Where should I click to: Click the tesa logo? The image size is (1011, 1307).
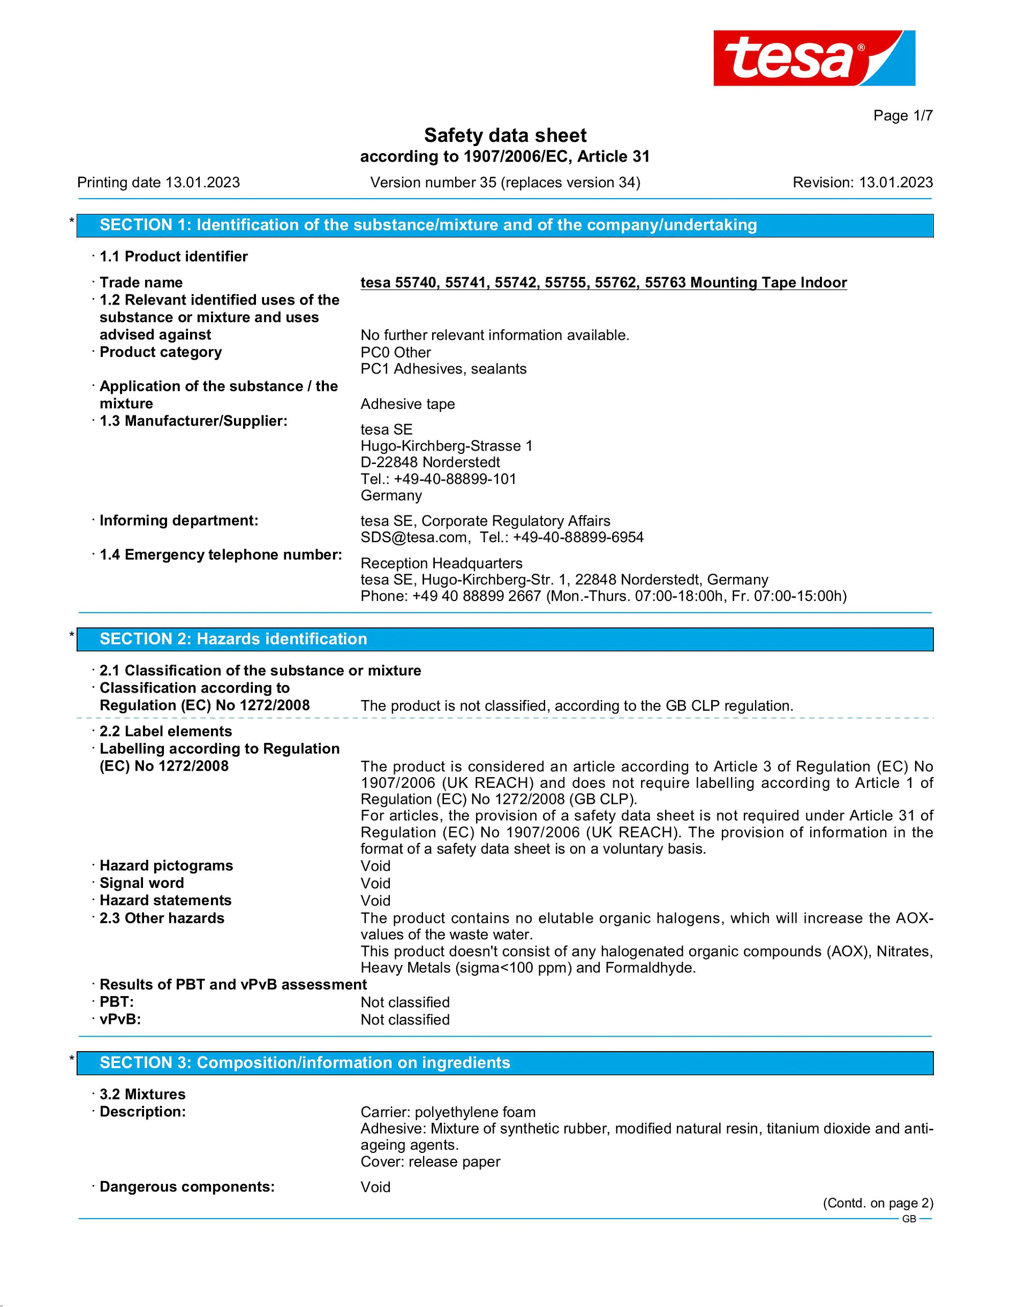pyautogui.click(x=813, y=58)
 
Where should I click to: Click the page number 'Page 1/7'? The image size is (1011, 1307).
pyautogui.click(x=903, y=116)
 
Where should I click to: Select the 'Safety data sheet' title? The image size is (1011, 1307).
pyautogui.click(x=504, y=135)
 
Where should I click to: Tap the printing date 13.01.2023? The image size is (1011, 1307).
pyautogui.click(x=202, y=183)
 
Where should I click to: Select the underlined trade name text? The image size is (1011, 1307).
pyautogui.click(x=603, y=283)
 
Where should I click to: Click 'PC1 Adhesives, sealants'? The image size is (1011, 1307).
pyautogui.click(x=443, y=369)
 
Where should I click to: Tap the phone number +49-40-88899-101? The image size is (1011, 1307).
pyautogui.click(x=455, y=479)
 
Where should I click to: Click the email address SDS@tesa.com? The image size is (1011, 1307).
pyautogui.click(x=413, y=537)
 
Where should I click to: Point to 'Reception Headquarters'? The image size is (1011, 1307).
pyautogui.click(x=441, y=563)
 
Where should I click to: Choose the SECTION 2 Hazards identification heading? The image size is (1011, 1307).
pyautogui.click(x=504, y=639)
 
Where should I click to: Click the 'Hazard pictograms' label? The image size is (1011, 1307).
pyautogui.click(x=166, y=865)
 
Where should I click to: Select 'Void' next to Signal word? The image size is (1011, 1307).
pyautogui.click(x=375, y=883)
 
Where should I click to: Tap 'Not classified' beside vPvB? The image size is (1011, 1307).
pyautogui.click(x=405, y=1020)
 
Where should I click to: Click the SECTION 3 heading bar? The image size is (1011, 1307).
pyautogui.click(x=504, y=1063)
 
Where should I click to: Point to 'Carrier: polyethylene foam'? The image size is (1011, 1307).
pyautogui.click(x=448, y=1112)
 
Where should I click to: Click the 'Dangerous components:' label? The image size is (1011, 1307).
pyautogui.click(x=187, y=1187)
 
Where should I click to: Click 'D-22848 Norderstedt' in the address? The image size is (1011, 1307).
pyautogui.click(x=430, y=462)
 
